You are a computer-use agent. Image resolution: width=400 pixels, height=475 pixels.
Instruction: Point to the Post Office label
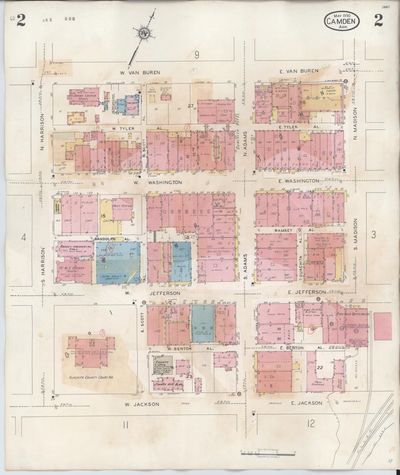(122, 206)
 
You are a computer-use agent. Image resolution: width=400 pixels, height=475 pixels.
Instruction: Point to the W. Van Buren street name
(140, 73)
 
